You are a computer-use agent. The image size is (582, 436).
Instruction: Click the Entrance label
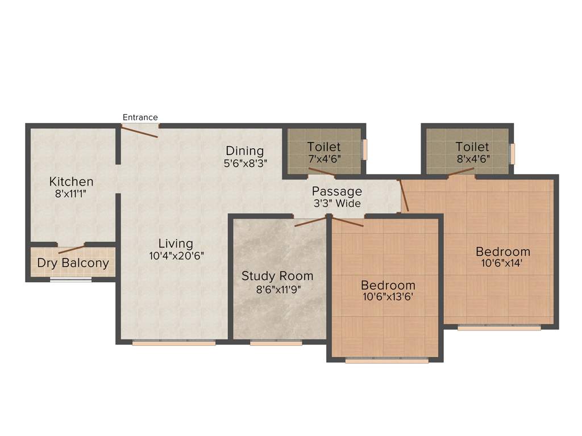pos(140,118)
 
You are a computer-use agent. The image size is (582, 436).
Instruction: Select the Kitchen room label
pos(71,182)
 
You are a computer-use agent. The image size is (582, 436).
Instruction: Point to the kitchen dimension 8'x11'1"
pos(71,194)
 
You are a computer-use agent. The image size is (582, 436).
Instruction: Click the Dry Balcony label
pos(73,263)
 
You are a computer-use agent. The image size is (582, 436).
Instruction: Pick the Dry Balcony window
pos(71,279)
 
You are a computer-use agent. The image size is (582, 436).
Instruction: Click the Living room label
pos(176,244)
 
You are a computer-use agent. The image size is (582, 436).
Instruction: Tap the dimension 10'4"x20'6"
pos(176,256)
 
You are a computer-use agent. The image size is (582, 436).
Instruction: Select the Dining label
pos(245,150)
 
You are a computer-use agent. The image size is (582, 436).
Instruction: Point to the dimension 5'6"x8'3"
pos(245,162)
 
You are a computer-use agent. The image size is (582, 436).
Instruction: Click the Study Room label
pos(277,276)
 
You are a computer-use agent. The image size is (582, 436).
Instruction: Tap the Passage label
pos(336,191)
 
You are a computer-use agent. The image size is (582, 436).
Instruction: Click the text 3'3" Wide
pos(336,203)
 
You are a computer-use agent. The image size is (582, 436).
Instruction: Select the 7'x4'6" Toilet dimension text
pos(324,159)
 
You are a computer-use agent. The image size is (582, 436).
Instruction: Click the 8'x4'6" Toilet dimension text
pos(472,159)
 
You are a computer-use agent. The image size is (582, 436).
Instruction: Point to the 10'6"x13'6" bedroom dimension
pos(388,296)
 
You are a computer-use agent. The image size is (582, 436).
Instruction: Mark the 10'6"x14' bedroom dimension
pos(503,263)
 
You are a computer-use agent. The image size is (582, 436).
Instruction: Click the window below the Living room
pos(174,343)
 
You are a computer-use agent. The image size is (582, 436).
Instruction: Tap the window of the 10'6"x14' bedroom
pos(499,328)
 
